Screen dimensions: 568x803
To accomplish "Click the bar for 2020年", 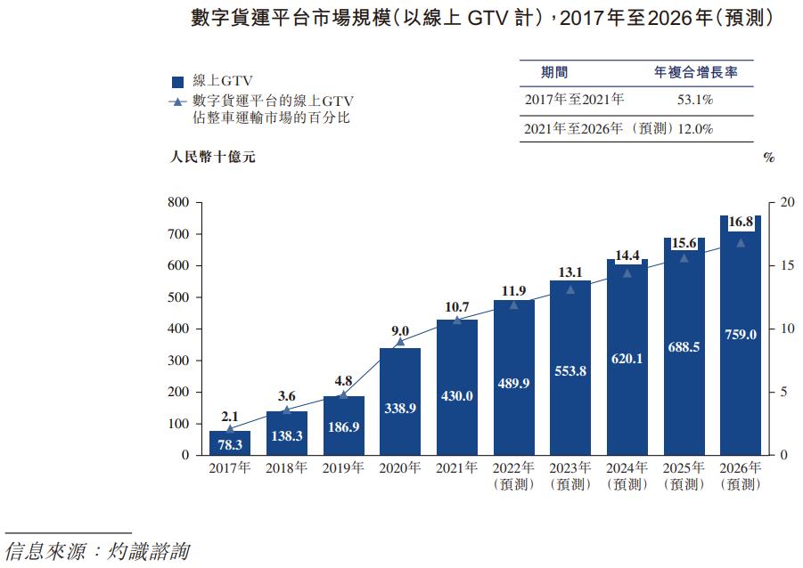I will click(399, 401).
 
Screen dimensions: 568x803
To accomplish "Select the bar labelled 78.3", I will click(230, 442).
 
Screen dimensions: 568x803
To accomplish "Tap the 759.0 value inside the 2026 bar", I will click(740, 335).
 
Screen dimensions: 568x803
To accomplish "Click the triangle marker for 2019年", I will click(343, 394).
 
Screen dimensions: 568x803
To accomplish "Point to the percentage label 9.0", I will click(399, 330).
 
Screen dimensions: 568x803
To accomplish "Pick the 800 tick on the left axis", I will click(179, 203).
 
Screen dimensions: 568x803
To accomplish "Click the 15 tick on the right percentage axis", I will click(785, 266).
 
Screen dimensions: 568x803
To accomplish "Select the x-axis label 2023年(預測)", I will click(569, 476).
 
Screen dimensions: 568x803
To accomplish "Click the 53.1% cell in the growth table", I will click(694, 100).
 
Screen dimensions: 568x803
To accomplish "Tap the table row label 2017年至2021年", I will click(574, 100).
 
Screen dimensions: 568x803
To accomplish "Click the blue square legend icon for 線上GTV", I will click(176, 84).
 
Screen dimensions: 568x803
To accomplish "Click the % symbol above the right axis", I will click(769, 158).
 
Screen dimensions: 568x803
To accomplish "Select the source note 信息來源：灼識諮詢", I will click(97, 551).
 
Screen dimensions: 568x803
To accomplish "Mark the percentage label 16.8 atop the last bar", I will click(741, 222).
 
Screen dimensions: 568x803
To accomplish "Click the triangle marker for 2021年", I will click(456, 320).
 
